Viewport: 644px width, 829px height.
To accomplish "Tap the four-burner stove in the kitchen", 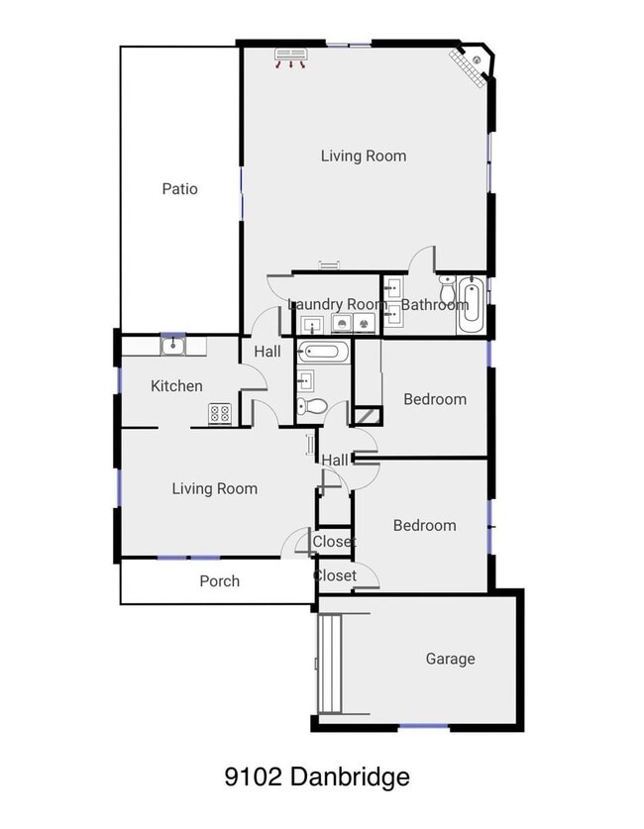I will coord(219,414).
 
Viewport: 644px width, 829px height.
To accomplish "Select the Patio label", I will coord(179,188).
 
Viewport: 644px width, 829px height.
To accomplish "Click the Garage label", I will coord(450,659).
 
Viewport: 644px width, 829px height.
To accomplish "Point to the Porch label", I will coord(219,581).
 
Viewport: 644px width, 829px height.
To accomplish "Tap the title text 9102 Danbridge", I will coord(317,777).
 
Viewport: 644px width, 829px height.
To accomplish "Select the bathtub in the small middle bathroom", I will coord(324,351).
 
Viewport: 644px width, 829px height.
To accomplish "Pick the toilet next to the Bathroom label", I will coord(447,293).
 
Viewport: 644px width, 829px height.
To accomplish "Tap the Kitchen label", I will coord(176,386).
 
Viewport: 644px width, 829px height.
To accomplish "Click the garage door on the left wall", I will coord(327,663).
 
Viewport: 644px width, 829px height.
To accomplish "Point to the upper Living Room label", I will coord(363,155).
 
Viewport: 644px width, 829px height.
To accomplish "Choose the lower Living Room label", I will coord(214,488).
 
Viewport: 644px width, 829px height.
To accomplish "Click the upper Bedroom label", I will coord(434,399).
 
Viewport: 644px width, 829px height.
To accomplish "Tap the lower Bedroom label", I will coord(424,525).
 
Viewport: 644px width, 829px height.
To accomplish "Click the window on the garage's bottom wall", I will coord(423,727).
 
